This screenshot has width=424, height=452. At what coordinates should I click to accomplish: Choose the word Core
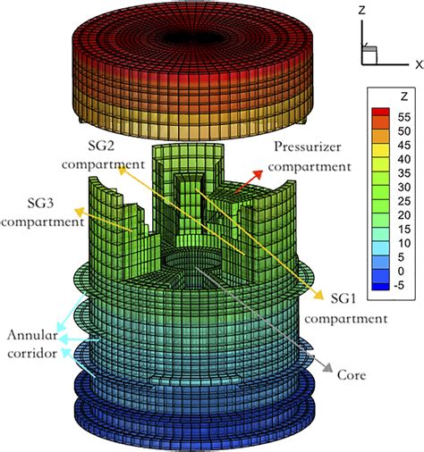[x=352, y=377]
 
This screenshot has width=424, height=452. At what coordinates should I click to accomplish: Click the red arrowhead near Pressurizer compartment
[x=261, y=172]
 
